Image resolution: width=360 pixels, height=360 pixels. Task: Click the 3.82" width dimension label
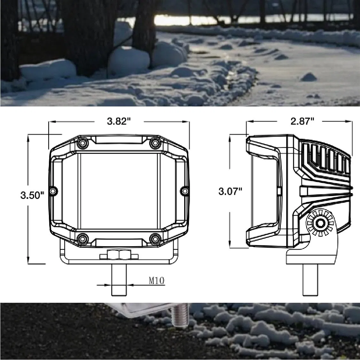click(x=119, y=121)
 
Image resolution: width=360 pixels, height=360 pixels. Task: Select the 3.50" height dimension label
click(x=32, y=195)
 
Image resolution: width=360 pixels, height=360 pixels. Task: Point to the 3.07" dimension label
click(x=230, y=192)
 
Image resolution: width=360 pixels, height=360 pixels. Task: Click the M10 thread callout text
click(x=156, y=281)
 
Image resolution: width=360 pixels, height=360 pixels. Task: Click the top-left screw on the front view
click(x=82, y=142)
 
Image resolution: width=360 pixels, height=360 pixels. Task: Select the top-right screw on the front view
click(x=155, y=142)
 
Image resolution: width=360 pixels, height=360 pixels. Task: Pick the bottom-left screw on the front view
click(x=82, y=238)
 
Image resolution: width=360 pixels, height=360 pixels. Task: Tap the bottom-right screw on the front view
click(x=155, y=238)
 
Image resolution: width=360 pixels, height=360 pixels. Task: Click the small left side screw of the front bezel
click(x=53, y=191)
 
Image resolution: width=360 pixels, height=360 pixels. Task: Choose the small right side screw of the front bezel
click(x=184, y=191)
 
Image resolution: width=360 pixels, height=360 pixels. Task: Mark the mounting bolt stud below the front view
click(x=119, y=281)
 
